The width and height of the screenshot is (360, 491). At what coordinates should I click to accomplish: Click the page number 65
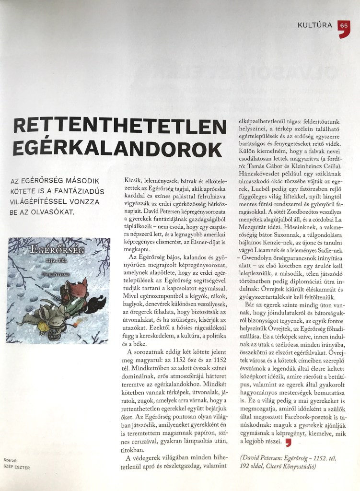[x=344, y=25]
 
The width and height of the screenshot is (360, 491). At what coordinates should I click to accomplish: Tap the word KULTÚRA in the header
[x=315, y=25]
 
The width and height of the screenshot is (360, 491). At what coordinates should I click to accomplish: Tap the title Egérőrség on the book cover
[x=49, y=250]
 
